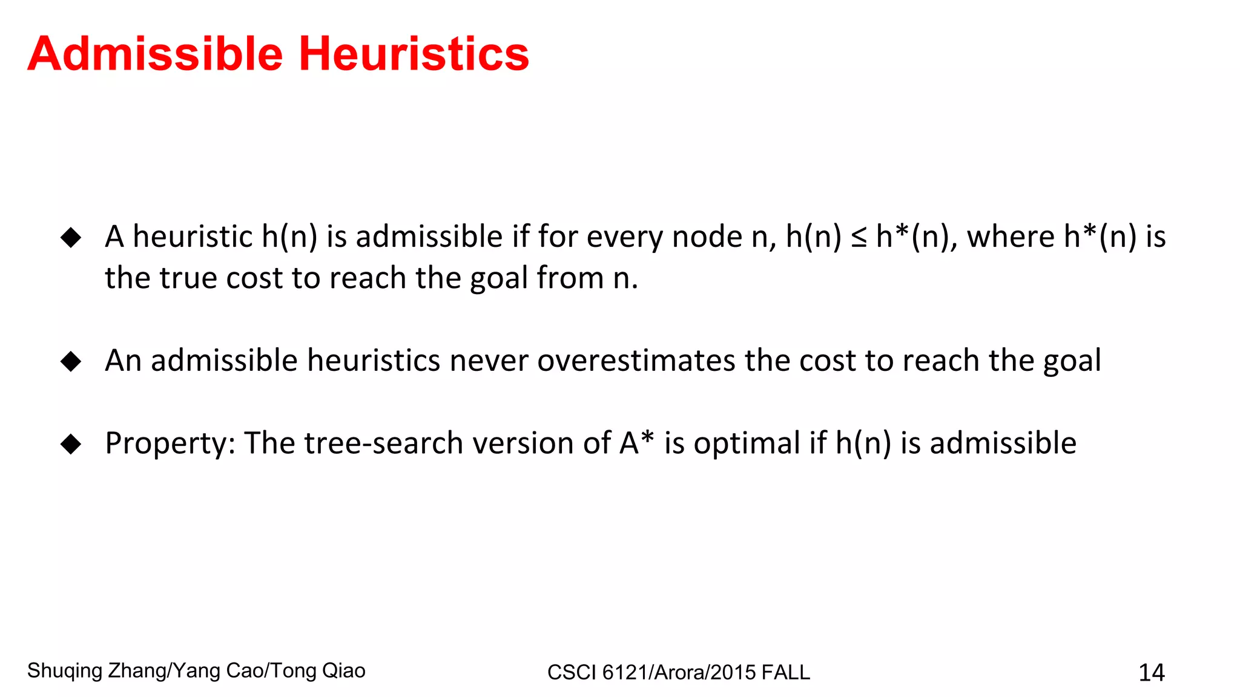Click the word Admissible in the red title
(155, 54)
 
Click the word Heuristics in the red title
(414, 54)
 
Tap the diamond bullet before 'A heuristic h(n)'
(71, 237)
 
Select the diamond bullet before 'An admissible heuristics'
(71, 361)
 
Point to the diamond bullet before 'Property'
(71, 444)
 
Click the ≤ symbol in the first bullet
(859, 237)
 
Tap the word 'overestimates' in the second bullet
(636, 361)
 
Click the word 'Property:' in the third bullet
(170, 443)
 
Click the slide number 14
(1151, 672)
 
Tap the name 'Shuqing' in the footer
(65, 671)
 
